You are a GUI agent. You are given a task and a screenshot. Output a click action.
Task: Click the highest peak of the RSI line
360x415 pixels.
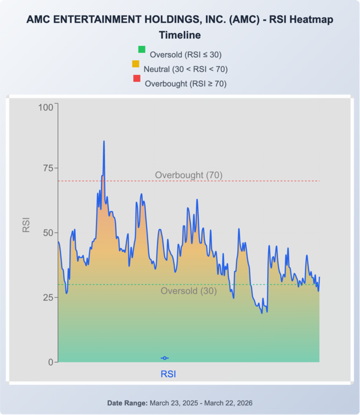pos(104,141)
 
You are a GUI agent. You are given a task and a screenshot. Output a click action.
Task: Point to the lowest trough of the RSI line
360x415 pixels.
pos(262,313)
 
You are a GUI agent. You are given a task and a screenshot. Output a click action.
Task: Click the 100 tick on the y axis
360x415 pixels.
pos(47,107)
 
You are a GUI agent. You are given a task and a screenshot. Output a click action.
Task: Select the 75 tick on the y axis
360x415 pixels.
pos(48,168)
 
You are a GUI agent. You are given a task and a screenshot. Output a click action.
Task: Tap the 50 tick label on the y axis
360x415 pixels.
pos(48,233)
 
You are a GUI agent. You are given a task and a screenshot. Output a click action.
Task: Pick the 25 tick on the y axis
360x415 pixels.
pos(48,297)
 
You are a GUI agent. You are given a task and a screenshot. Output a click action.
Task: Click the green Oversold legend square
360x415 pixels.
pos(142,50)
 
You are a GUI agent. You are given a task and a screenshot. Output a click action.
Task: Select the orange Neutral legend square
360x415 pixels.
pos(135,64)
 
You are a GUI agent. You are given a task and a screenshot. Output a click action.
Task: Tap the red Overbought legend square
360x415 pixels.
pos(137,79)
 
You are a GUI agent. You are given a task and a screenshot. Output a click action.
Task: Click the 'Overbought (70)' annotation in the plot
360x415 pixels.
pos(188,175)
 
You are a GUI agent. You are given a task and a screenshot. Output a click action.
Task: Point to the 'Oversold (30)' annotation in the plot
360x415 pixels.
pos(188,291)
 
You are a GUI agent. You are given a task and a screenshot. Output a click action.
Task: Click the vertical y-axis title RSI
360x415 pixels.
pos(26,224)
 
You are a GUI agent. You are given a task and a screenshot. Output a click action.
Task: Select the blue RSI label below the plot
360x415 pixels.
pos(168,374)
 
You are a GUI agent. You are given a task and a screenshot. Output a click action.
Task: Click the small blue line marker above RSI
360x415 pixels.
pos(165,358)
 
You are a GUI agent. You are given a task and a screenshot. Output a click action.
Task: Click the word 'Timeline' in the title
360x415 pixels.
pos(180,35)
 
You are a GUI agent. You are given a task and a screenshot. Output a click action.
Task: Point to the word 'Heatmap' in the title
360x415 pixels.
pos(313,20)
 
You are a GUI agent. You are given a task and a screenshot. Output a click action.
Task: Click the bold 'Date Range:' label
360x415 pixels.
pos(127,403)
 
